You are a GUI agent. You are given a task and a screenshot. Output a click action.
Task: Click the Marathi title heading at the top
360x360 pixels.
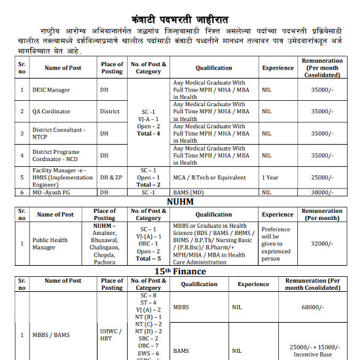[180, 10]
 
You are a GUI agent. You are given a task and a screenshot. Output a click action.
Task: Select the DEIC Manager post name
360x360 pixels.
[51, 90]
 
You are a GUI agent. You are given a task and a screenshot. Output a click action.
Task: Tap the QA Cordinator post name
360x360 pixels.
[51, 111]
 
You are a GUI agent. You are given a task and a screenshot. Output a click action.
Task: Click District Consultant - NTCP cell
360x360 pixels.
[59, 133]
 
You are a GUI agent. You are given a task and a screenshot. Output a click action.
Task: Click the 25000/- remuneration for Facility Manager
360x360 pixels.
[322, 177]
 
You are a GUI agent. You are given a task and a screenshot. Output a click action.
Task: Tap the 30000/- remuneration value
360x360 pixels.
[322, 192]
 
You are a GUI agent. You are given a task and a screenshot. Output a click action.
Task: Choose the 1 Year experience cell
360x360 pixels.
[271, 177]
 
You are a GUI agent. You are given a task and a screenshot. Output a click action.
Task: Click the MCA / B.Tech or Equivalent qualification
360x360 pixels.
[209, 177]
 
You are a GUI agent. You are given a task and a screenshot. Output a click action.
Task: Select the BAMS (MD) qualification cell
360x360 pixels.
[190, 192]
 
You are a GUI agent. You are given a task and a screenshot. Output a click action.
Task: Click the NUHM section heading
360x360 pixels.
[180, 202]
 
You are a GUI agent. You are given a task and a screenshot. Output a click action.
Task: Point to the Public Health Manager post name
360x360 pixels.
[50, 244]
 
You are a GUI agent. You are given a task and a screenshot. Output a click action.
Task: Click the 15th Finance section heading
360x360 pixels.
[180, 270]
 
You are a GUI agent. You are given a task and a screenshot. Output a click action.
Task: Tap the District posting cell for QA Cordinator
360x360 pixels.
[109, 111]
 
